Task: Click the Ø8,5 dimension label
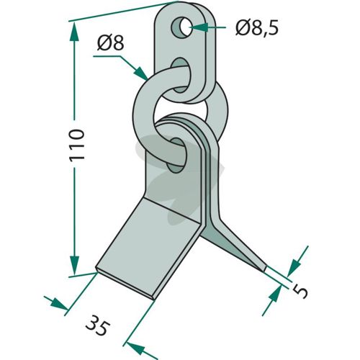tap(257, 27)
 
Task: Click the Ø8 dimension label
tap(110, 43)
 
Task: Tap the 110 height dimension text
tap(77, 145)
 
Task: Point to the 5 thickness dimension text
tap(300, 291)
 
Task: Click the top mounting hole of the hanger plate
tap(181, 27)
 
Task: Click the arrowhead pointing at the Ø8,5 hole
tap(199, 27)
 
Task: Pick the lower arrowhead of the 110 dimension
tap(74, 265)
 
